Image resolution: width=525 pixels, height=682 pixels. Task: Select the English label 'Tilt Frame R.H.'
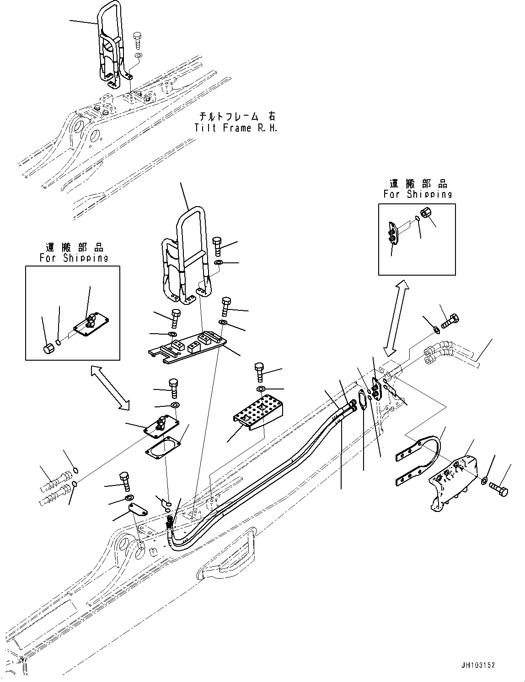coord(236,128)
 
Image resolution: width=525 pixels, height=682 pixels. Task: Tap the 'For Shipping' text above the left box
coord(74,258)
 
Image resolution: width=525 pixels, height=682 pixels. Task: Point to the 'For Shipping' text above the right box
coord(418,194)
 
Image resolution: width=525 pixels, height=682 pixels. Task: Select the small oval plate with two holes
coord(136,508)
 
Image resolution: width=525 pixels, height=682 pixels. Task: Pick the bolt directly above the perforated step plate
coord(259,371)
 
